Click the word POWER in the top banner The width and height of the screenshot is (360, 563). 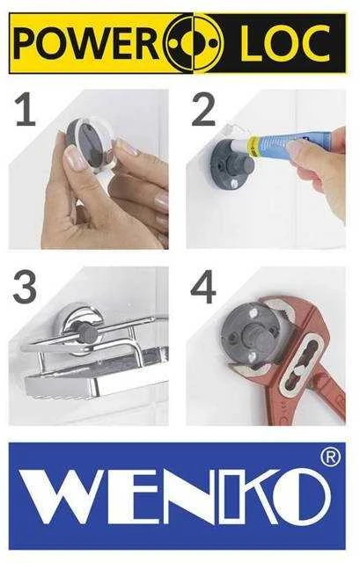coord(87,43)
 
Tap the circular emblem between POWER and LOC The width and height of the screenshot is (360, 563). coord(194,43)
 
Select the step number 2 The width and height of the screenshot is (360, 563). coord(203,109)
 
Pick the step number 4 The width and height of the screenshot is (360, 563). coord(203,287)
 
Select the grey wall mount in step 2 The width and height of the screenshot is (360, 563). coord(229,166)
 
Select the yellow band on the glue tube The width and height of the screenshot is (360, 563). coord(255,146)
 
